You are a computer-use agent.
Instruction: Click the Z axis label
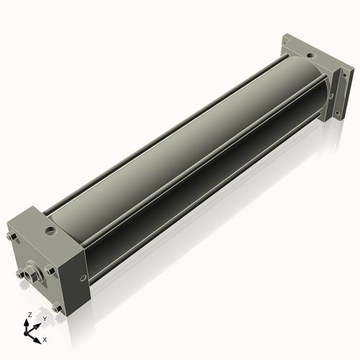pos(30,315)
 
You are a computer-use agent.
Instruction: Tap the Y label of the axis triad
pos(45,319)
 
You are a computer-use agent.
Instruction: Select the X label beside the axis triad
pos(45,340)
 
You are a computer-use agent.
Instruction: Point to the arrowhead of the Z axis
pos(26,323)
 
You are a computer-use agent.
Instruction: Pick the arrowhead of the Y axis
pos(37,326)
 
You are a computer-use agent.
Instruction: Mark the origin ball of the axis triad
pos(26,333)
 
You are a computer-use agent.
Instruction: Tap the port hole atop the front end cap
pos(50,232)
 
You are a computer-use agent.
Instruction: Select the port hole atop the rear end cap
pos(312,56)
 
